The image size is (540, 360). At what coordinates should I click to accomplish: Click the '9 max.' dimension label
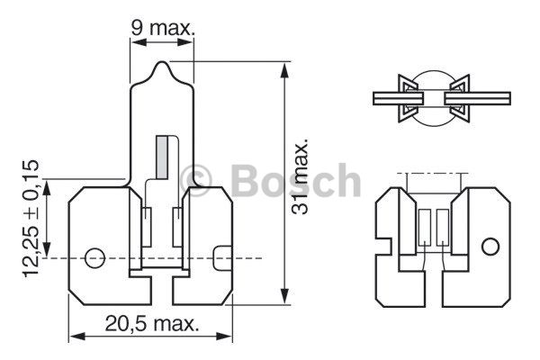point(163,28)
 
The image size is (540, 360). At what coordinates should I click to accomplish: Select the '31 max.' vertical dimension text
point(299,176)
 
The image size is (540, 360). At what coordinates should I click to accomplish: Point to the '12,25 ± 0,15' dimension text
point(31,219)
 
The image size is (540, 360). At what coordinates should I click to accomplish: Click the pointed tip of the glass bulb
point(161,62)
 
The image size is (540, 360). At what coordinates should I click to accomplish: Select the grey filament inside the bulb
point(161,157)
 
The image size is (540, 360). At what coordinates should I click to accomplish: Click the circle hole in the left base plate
point(94,257)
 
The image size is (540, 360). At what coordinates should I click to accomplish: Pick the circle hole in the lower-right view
point(490,247)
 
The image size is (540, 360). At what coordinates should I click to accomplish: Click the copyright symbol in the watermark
point(195,180)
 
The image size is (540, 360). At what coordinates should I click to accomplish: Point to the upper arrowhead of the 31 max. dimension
point(284,71)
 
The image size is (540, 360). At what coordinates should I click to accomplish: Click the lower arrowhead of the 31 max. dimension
point(284,295)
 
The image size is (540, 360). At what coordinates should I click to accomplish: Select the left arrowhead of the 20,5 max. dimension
point(77,337)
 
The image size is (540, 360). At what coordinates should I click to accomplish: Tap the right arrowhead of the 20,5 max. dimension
point(223,337)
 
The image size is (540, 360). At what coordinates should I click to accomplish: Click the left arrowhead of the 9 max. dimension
point(139,42)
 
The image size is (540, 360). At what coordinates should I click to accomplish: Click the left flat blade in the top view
point(398,98)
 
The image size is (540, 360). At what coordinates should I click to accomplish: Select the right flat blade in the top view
point(477,98)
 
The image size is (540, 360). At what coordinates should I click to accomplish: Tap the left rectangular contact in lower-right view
point(425,227)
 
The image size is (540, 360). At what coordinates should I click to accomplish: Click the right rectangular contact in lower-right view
point(443,227)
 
